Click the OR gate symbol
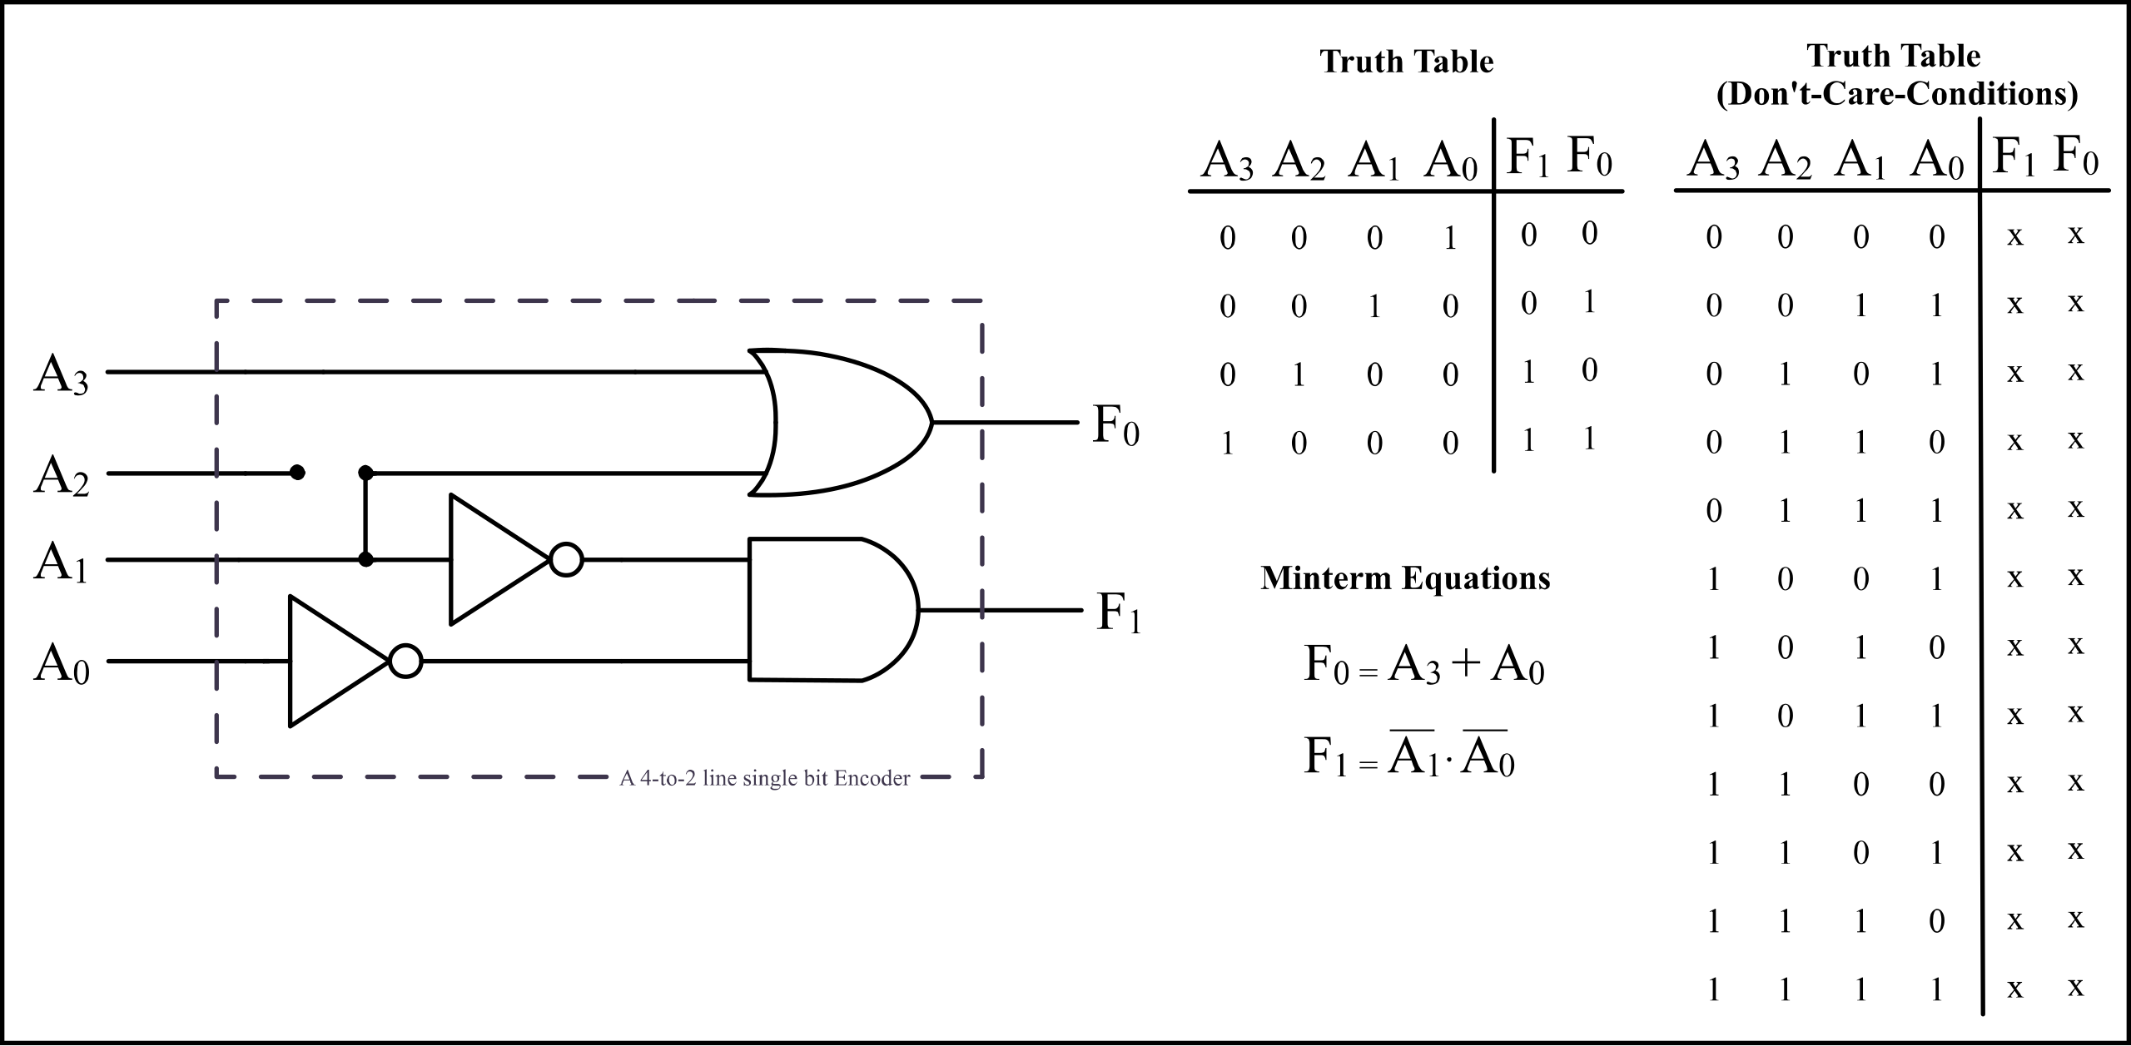click(x=841, y=423)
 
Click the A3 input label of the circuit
click(x=61, y=375)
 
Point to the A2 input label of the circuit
click(x=61, y=477)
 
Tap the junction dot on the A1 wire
click(x=365, y=559)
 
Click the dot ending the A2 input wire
click(x=297, y=473)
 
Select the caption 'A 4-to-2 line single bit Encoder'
click(x=764, y=779)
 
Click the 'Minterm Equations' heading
click(x=1405, y=578)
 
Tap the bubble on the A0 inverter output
click(x=406, y=662)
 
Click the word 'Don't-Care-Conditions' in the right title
click(x=1896, y=95)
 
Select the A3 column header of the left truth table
click(x=1226, y=161)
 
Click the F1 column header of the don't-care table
click(x=2014, y=157)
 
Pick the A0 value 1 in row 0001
click(x=1450, y=239)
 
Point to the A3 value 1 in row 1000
click(x=1227, y=444)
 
